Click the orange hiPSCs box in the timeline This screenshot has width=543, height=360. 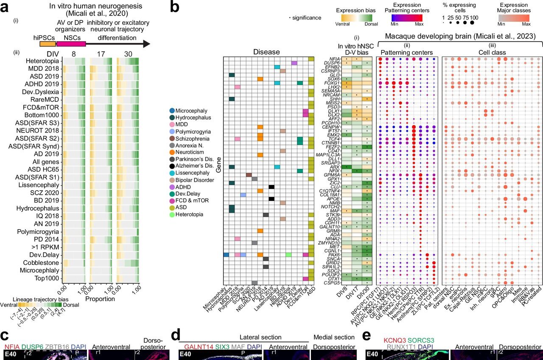click(48, 44)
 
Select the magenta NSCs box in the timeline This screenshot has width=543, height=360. click(71, 44)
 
